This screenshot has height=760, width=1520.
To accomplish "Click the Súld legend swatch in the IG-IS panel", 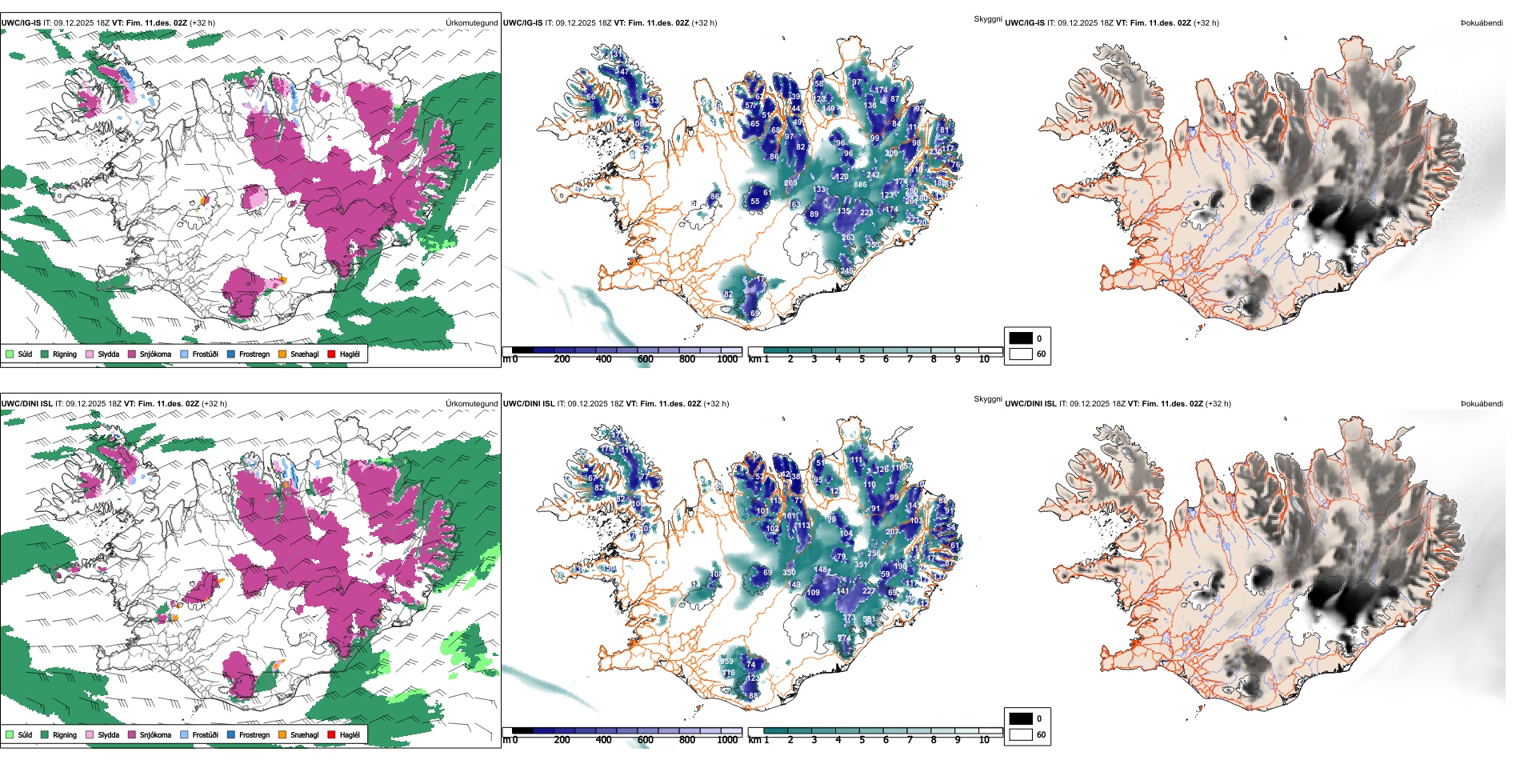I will (x=10, y=354).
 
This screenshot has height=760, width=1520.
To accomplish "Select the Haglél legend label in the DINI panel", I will (x=350, y=734).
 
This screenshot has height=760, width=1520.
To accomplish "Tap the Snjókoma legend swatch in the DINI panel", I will (x=132, y=734).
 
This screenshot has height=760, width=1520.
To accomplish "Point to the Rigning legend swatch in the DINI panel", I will (x=46, y=734).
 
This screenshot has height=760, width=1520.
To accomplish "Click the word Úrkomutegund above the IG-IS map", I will (x=471, y=23).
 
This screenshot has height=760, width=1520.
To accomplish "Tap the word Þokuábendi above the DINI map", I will (x=1482, y=404).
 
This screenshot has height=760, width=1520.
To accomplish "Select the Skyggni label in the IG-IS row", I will (x=987, y=18).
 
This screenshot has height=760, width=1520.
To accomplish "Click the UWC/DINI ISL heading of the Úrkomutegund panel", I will (x=26, y=404).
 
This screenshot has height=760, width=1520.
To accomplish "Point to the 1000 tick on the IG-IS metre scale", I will (x=727, y=359).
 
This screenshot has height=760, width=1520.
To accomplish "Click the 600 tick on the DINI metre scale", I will (x=646, y=740).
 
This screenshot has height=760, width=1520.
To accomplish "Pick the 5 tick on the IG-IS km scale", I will (x=862, y=359).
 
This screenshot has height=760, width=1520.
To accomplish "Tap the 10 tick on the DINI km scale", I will (x=984, y=740).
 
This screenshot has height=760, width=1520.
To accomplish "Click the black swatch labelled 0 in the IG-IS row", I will (x=1021, y=338).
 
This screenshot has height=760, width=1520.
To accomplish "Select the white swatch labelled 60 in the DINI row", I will (x=1021, y=734).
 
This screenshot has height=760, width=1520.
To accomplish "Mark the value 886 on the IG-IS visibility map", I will (x=860, y=185).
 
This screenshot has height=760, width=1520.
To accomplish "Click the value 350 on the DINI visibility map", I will (x=789, y=573).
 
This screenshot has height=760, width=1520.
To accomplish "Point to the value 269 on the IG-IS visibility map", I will (x=790, y=183).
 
